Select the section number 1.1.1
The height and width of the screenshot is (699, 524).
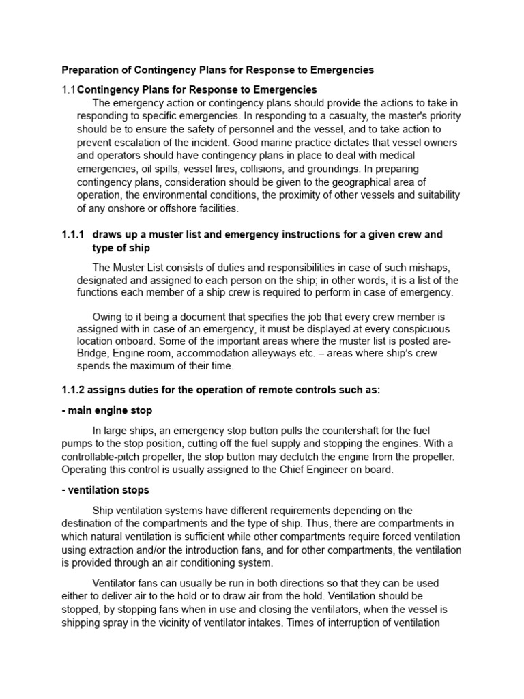[73, 234]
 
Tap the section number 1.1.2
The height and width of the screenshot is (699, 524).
[73, 389]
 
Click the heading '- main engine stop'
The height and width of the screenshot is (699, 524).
[107, 410]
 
